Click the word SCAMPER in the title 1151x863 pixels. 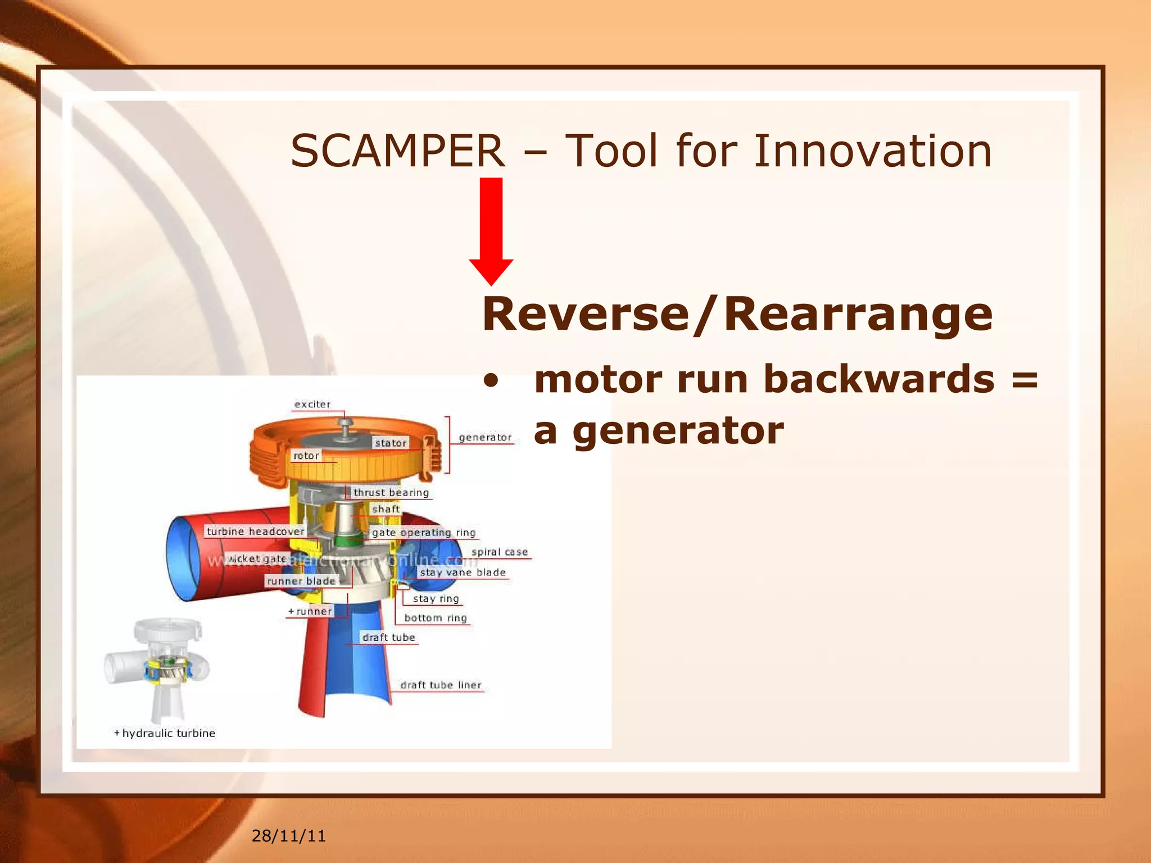397,151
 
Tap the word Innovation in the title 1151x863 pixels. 872,151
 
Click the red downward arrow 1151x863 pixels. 491,230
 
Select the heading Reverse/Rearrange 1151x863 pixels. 737,314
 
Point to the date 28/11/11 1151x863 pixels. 288,836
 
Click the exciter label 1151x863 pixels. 312,405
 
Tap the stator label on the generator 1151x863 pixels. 391,443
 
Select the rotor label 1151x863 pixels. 306,456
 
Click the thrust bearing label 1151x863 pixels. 391,493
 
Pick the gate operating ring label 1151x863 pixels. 424,533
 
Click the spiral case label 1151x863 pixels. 500,552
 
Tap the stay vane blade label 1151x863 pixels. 463,573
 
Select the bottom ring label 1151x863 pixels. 436,618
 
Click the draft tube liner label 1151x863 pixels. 441,685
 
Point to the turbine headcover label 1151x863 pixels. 255,532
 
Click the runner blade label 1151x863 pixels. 301,581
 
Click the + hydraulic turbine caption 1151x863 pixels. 165,733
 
